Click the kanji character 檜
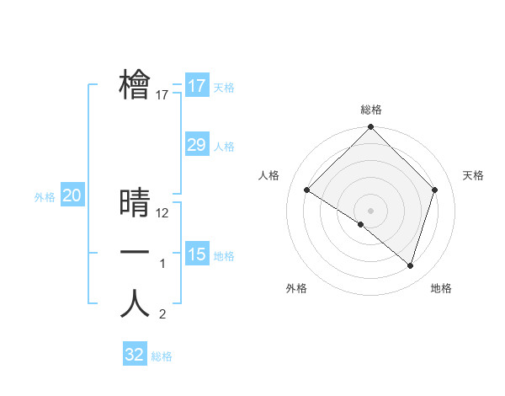pyautogui.click(x=135, y=84)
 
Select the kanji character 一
pyautogui.click(x=135, y=253)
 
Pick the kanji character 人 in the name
pyautogui.click(x=135, y=303)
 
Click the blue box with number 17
pyautogui.click(x=197, y=86)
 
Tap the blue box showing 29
pyautogui.click(x=197, y=145)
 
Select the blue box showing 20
pyautogui.click(x=72, y=196)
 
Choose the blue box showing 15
pyautogui.click(x=197, y=254)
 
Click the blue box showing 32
pyautogui.click(x=135, y=355)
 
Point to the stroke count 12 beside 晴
pyautogui.click(x=163, y=213)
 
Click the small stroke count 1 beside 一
pyautogui.click(x=163, y=265)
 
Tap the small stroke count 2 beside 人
pyautogui.click(x=162, y=315)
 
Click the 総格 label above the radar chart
pyautogui.click(x=371, y=110)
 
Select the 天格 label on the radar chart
pyautogui.click(x=474, y=175)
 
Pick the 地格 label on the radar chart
pyautogui.click(x=441, y=288)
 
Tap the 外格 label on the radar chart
pyautogui.click(x=296, y=288)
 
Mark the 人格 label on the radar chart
pyautogui.click(x=268, y=175)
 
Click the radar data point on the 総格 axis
pyautogui.click(x=371, y=127)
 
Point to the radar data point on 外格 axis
pyautogui.click(x=361, y=224)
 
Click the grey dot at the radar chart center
pyautogui.click(x=371, y=210)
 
